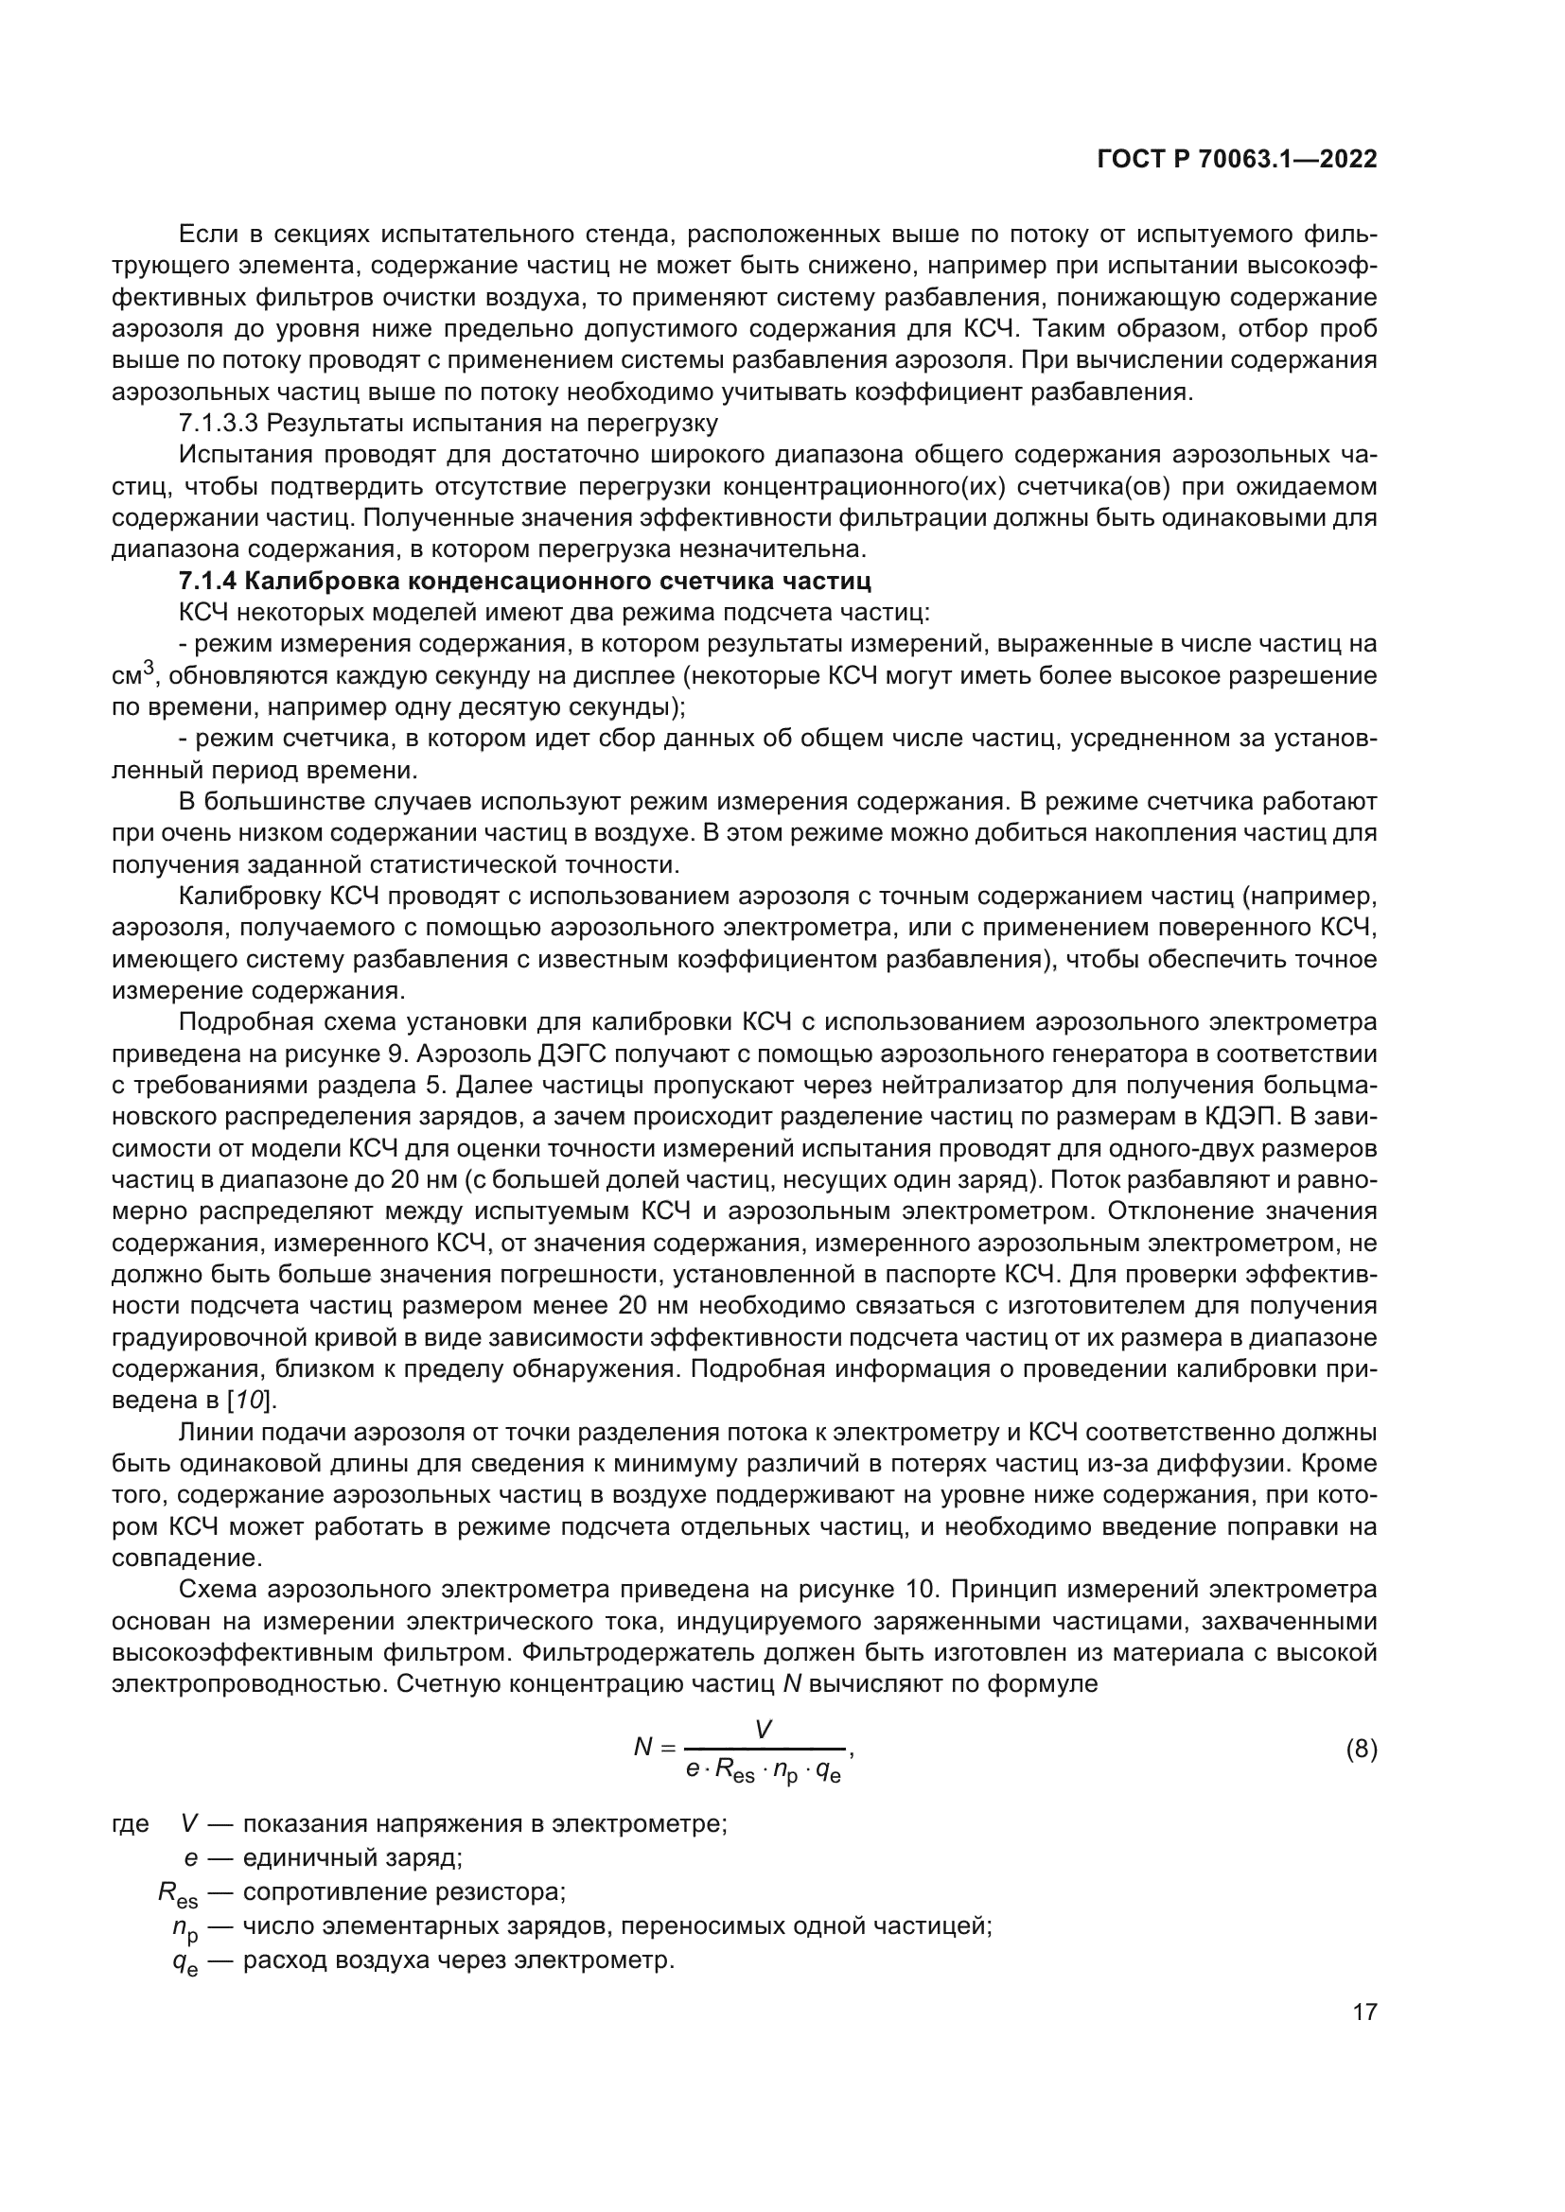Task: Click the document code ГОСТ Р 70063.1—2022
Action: coord(1237,159)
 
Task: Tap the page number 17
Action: coord(1364,2012)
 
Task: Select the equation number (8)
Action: coord(1361,1749)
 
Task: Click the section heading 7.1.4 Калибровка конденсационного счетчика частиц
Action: coord(525,581)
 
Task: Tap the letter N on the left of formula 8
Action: coord(642,1747)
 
